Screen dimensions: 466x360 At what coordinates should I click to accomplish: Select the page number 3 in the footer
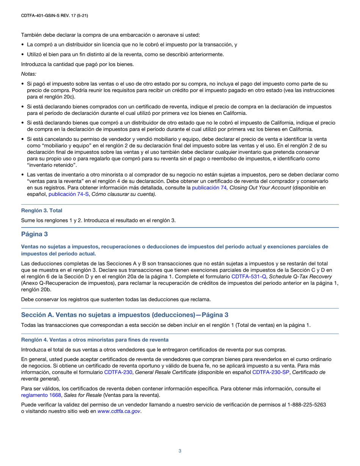(x=180, y=451)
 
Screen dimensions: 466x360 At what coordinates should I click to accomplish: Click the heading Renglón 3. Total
(x=42, y=210)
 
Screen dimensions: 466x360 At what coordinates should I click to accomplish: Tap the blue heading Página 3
(x=34, y=235)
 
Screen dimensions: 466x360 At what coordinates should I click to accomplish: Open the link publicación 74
(x=210, y=188)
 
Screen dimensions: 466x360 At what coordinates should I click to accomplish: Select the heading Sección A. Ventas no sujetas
(x=125, y=315)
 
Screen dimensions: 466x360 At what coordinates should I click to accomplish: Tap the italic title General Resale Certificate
(x=166, y=372)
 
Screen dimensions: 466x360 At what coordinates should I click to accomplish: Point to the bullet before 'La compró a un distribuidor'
(x=23, y=45)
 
